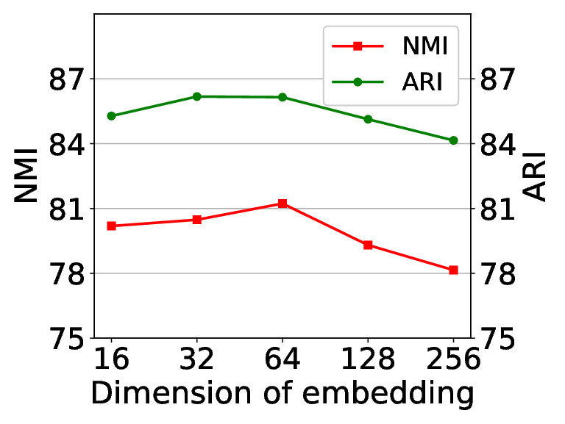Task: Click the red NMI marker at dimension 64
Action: point(282,204)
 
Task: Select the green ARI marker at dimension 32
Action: point(196,96)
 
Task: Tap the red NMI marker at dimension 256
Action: point(453,270)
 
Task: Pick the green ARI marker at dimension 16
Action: point(111,116)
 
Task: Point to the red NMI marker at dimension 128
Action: point(368,245)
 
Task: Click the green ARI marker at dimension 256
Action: point(453,140)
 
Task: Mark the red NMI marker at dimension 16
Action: point(111,226)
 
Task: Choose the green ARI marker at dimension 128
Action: point(368,119)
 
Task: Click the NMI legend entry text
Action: point(425,46)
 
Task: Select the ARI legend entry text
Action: point(422,82)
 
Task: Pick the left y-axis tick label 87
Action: point(66,79)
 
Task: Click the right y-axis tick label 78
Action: point(497,273)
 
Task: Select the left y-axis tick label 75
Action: point(66,338)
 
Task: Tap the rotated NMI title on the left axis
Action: point(26,176)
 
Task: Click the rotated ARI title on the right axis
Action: point(534,176)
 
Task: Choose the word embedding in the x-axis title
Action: point(388,394)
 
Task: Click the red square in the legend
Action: point(358,46)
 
